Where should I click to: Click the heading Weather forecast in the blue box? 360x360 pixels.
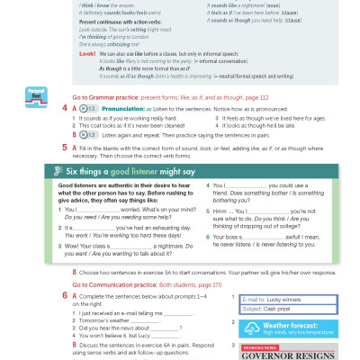click(289, 325)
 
